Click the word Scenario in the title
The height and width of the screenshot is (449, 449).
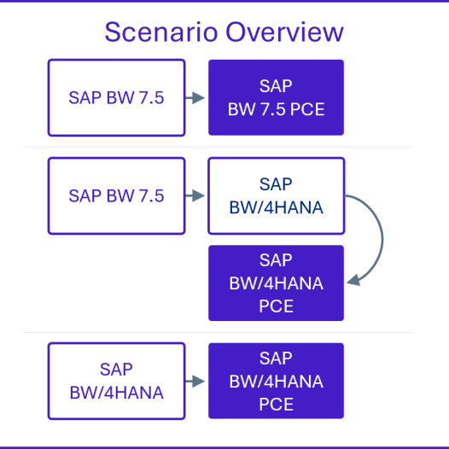pos(161,32)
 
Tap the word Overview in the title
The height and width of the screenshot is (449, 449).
pos(284,32)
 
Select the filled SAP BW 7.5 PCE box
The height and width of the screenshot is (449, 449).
pos(276,97)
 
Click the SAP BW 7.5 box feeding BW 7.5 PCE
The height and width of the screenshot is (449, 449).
pos(117,97)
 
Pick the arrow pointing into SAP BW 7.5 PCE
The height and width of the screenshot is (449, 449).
pos(195,97)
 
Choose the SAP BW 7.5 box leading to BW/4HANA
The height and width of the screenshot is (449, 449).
pos(117,195)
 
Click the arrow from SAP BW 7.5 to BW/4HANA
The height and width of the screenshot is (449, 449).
pos(195,195)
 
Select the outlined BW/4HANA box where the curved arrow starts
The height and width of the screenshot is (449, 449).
pos(276,195)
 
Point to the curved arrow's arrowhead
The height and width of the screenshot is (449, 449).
pos(353,280)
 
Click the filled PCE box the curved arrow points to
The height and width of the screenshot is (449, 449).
pos(276,283)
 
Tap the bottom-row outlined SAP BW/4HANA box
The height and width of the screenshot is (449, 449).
pos(117,381)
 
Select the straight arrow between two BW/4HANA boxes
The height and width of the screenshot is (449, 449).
pos(195,381)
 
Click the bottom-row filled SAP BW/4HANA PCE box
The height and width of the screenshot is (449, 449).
pos(276,381)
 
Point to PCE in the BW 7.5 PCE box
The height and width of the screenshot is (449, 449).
pos(307,109)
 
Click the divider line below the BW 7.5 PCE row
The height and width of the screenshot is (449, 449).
pos(218,147)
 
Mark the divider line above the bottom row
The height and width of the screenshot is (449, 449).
pos(218,332)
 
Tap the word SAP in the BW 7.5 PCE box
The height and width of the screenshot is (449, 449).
pos(276,85)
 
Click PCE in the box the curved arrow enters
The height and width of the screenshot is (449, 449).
pos(276,306)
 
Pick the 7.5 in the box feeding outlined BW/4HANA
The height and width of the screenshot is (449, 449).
pos(151,195)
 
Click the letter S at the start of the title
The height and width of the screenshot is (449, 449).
pos(112,32)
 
